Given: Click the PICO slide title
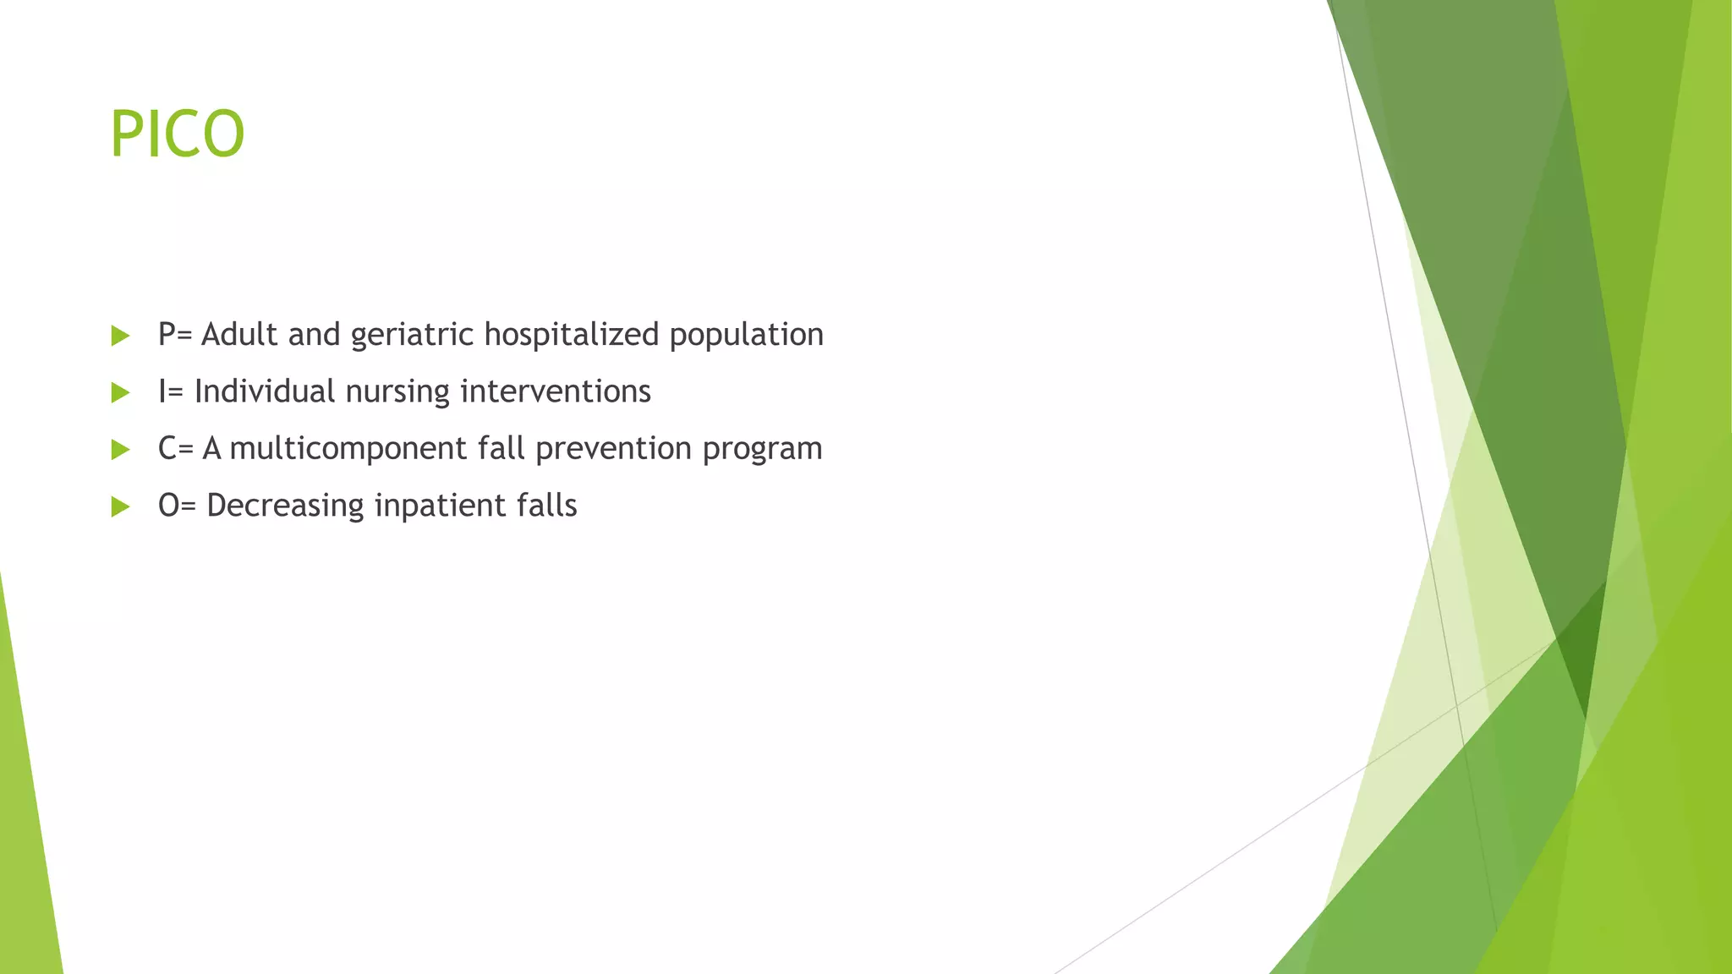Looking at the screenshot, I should (178, 134).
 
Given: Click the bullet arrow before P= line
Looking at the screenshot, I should (120, 336).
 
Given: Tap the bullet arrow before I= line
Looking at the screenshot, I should (120, 392).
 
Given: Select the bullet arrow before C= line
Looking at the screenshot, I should (120, 449).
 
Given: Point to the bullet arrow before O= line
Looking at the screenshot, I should (120, 506).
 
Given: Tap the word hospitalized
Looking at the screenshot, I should (572, 336).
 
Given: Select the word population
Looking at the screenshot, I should (746, 336).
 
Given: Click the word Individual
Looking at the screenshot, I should (265, 391).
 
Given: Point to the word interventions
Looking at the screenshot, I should (555, 391).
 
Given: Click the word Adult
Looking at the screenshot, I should (239, 335).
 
